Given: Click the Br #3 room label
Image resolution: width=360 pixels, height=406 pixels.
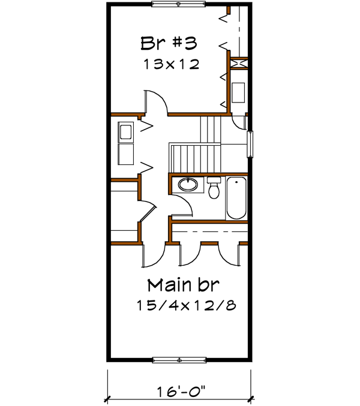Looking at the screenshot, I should coord(169,44).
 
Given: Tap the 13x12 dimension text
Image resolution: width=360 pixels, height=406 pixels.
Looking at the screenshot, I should coord(171,64).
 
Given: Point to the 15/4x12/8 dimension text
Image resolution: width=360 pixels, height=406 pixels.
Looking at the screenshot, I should coord(185,305).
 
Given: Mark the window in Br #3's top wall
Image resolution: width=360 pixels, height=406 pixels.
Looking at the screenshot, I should coord(179,4).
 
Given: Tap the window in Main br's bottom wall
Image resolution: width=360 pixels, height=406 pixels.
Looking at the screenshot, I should coord(179,360).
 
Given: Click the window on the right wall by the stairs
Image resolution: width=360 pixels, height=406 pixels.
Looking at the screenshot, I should coord(251,144).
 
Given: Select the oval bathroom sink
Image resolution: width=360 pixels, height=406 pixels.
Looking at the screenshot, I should coord(187,184).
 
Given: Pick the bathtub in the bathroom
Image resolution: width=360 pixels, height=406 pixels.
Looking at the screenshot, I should coord(236,199).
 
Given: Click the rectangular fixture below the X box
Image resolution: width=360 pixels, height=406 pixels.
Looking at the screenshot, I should coord(238,91).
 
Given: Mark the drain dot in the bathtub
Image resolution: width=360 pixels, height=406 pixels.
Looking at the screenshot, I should coord(236,182).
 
